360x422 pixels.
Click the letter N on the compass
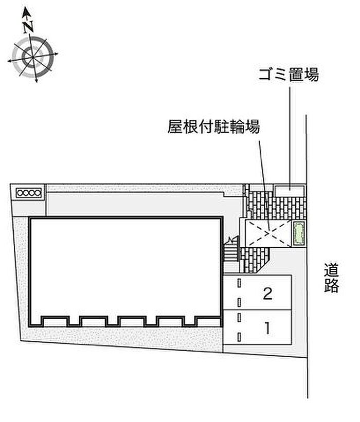[x=28, y=26]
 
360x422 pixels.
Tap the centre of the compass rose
[x=32, y=57]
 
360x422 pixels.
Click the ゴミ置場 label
[x=289, y=75]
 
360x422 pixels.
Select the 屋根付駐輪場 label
[x=214, y=126]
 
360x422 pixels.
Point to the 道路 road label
[x=331, y=278]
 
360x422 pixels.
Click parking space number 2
[x=267, y=293]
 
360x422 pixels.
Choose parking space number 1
[x=267, y=328]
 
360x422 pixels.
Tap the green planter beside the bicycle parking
[x=299, y=233]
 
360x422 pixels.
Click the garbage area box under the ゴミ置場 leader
[x=290, y=191]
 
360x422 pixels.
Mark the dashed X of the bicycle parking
[x=269, y=233]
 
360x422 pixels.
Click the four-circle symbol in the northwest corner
[x=29, y=193]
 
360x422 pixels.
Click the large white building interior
[x=125, y=266]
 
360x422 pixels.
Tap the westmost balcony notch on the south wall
[x=55, y=321]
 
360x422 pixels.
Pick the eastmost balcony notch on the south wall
[x=208, y=321]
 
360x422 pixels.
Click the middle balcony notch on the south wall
[x=132, y=321]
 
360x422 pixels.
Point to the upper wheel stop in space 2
[x=239, y=283]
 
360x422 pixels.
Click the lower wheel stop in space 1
[x=239, y=337]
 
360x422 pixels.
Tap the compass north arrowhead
[x=26, y=12]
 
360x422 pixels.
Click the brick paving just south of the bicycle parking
[x=254, y=260]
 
